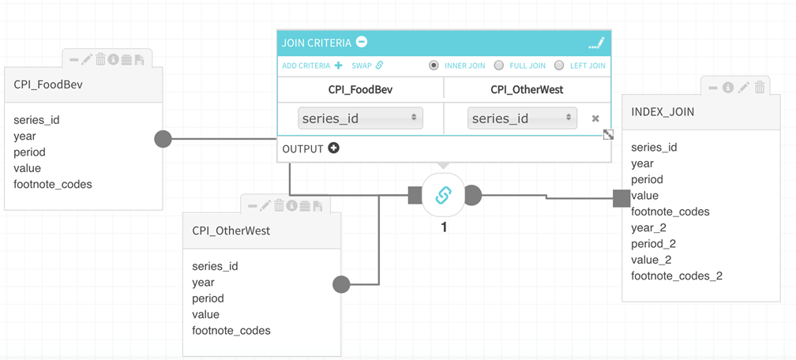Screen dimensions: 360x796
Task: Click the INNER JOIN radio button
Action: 434,66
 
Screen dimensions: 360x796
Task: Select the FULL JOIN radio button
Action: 498,66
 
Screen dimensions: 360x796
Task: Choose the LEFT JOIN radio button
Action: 559,66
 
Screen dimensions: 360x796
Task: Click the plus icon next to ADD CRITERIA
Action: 339,66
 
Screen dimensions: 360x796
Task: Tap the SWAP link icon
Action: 379,66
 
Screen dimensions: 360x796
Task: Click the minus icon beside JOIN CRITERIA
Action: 362,42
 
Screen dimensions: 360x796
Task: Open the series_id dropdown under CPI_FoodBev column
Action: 360,118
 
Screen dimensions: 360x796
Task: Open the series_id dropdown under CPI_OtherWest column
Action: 522,118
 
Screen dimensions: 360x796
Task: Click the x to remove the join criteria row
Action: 595,118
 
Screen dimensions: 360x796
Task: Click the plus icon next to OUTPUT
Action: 334,148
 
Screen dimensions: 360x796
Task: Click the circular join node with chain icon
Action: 443,195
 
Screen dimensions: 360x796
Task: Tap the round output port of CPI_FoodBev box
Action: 163,139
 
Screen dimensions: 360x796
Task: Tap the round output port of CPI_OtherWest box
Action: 341,284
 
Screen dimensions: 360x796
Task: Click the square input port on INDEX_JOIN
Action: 621,198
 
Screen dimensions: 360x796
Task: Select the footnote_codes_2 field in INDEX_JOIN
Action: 677,276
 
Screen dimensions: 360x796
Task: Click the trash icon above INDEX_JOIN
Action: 760,88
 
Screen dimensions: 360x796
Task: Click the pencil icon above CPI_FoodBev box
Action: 87,59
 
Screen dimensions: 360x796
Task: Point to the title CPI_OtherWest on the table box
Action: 231,231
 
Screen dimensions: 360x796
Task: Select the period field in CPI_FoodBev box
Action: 29,152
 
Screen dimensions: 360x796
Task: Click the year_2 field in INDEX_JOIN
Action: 648,227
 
